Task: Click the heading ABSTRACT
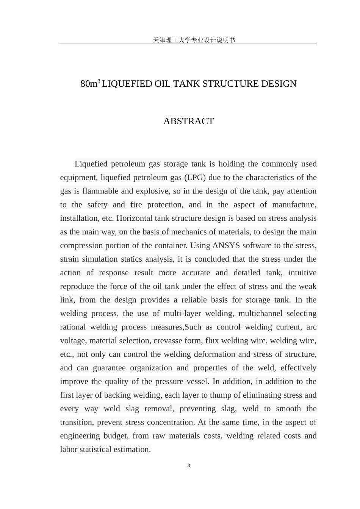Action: (x=188, y=121)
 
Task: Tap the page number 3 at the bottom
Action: (x=189, y=465)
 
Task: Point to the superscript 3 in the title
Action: (x=99, y=81)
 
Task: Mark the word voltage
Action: (x=72, y=341)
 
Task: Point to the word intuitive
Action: (x=302, y=273)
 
